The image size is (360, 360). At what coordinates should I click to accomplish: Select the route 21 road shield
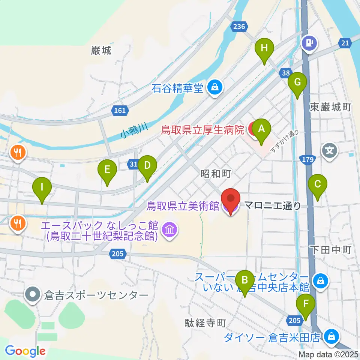(345, 43)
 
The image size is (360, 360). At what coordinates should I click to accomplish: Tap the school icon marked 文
(330, 151)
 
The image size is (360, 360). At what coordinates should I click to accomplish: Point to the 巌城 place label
(101, 51)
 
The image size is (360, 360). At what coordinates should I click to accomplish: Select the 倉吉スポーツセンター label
(96, 295)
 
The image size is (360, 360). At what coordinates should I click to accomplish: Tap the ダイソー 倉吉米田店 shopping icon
(332, 336)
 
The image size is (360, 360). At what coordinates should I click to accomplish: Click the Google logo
(25, 351)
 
